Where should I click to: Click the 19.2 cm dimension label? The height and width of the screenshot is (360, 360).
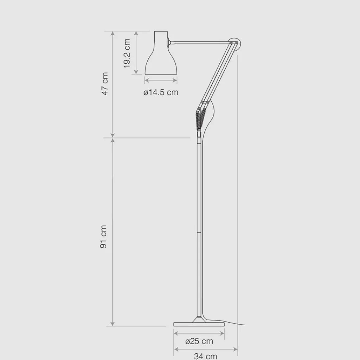(127, 53)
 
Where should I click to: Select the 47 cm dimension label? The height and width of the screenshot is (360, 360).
(104, 84)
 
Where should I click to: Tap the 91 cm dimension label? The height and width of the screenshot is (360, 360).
(103, 237)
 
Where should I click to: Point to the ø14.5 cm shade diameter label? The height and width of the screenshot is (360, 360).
(161, 92)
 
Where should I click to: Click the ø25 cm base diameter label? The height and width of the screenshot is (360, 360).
(199, 341)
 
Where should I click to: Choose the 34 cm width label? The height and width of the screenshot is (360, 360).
(205, 356)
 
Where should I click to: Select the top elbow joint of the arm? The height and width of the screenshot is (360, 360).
(234, 43)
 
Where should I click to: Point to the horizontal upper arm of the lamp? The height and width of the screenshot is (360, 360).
(200, 43)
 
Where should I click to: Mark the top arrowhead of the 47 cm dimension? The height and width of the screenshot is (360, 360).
(113, 33)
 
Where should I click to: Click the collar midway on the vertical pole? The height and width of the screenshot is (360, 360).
(199, 233)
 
